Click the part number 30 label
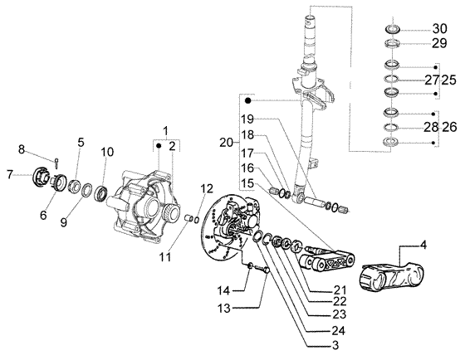(x=439, y=29)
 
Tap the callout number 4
(x=423, y=245)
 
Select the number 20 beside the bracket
(x=227, y=143)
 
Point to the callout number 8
(x=22, y=149)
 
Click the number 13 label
(x=224, y=309)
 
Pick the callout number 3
(x=335, y=345)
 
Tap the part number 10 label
(x=107, y=152)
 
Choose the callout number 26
(x=449, y=128)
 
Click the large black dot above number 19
(x=248, y=100)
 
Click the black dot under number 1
(x=159, y=146)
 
